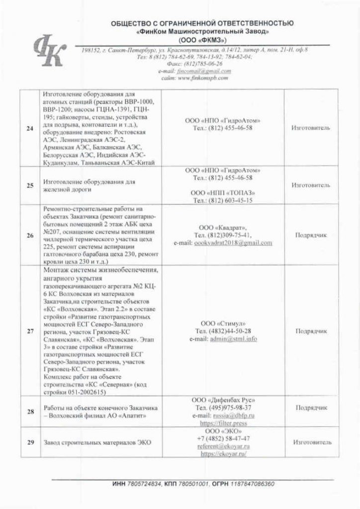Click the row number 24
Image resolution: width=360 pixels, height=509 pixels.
tap(29, 129)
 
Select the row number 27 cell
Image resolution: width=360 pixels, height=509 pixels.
tap(29, 331)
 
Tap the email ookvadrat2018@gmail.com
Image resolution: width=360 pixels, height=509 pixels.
tap(223, 243)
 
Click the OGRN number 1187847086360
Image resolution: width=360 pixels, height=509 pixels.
tap(251, 484)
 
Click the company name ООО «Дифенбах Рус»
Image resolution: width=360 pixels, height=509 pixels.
tap(223, 400)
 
